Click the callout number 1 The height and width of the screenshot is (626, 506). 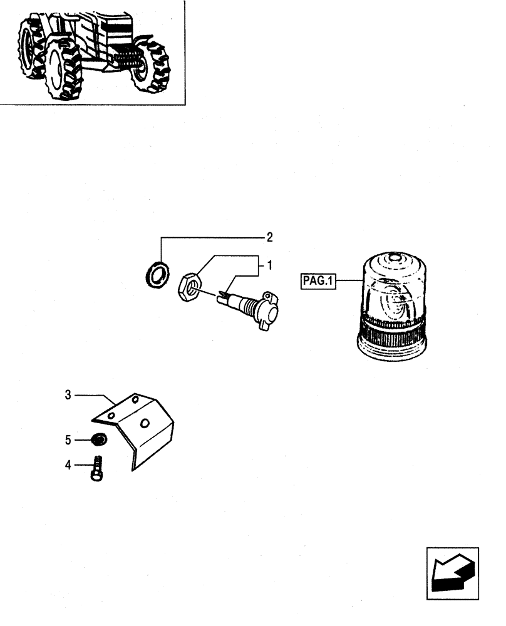tap(269, 266)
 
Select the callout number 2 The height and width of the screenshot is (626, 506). tap(269, 237)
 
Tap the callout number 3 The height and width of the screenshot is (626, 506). tap(68, 395)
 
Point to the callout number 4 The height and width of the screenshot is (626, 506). tap(68, 464)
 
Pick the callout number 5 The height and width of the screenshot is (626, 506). tap(68, 440)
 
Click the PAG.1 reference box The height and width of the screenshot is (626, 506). tap(318, 282)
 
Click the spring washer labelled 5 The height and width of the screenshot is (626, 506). tap(98, 440)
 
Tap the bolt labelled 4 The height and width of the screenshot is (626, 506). tap(97, 469)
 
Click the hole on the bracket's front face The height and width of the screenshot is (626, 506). tap(145, 424)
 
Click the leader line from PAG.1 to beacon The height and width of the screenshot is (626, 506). tap(346, 282)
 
